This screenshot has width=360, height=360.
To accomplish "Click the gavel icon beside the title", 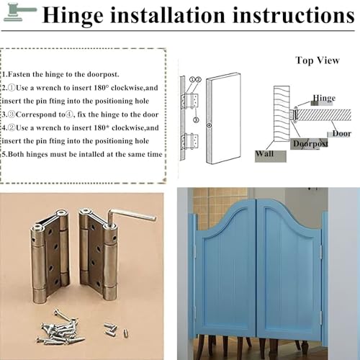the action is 19,12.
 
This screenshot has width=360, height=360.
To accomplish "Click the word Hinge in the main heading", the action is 73,15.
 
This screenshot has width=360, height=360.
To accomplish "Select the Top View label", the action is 318,60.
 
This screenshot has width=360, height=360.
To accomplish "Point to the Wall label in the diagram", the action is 264,153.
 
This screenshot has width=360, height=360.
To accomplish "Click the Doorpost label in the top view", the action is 310,143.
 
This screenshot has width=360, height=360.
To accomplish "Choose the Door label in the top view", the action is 342,133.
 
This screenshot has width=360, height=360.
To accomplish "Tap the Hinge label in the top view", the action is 324,98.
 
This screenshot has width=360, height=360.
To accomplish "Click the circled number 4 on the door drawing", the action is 210,125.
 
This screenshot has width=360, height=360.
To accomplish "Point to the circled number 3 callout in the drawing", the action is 196,120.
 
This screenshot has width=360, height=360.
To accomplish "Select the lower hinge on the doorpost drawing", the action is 190,141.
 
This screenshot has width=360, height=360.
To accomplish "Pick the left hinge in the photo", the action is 50,256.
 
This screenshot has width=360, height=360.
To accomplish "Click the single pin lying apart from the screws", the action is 126,333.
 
